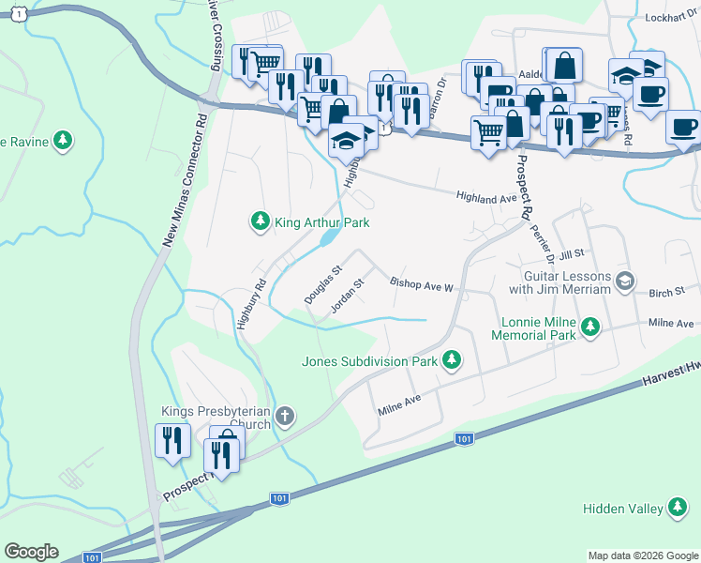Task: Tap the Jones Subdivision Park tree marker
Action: (452, 360)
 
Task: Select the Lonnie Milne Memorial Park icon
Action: (589, 327)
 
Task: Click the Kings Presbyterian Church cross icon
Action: (285, 415)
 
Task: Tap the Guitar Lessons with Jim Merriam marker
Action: (625, 281)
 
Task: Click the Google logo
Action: (31, 552)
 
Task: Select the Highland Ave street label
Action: (486, 199)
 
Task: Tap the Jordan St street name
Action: (347, 296)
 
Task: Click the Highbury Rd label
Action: (252, 303)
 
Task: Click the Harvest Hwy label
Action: (671, 376)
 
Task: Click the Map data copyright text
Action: (642, 555)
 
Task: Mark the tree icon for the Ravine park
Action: (63, 141)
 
